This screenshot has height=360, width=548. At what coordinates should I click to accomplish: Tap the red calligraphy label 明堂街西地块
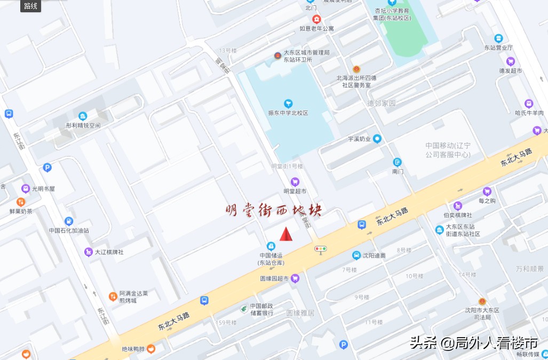point(273,211)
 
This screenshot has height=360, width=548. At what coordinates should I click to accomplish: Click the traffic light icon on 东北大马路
point(321,249)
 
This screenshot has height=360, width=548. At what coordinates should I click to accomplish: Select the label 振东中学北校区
point(288,113)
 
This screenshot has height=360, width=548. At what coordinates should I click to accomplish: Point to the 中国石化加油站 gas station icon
point(69,221)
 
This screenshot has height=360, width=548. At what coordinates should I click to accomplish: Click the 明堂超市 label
point(295,191)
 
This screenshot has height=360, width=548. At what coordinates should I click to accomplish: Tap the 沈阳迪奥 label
point(374,255)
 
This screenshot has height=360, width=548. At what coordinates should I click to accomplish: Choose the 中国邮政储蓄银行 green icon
point(243,308)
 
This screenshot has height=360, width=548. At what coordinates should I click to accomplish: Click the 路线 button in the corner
point(31,6)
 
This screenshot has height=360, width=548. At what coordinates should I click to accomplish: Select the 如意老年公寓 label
point(316,29)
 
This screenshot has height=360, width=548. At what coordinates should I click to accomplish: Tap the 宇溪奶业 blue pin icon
point(377,139)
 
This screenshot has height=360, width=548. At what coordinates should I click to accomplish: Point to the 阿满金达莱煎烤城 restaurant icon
point(113,296)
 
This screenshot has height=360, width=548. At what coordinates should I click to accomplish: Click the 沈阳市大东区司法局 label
point(482,314)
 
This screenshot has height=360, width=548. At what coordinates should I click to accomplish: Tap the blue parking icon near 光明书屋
point(47,167)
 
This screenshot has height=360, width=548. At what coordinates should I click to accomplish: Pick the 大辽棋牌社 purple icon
point(88,252)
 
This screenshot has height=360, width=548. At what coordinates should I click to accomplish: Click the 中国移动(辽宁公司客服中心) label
point(448,150)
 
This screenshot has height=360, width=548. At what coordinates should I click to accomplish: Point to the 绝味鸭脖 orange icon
point(151,349)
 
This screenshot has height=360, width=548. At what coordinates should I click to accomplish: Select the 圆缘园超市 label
point(274,278)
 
